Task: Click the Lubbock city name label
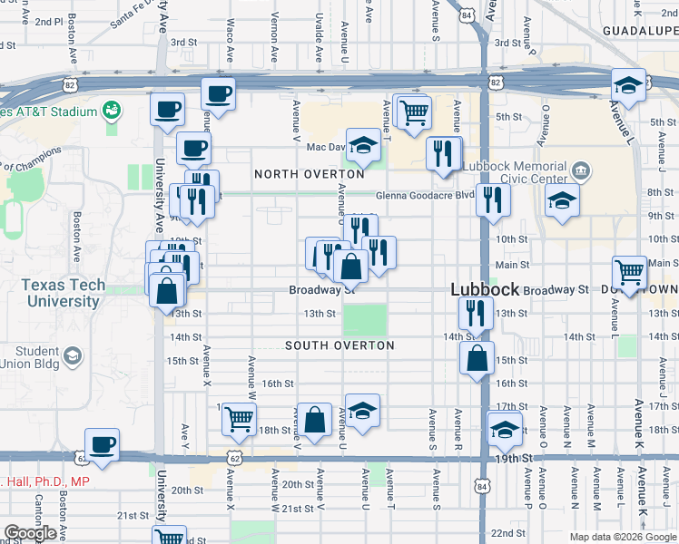coord(486,290)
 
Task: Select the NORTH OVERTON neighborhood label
coord(300,173)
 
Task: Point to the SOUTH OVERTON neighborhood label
coord(339,345)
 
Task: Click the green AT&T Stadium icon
coord(113,111)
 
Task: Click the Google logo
coord(29,532)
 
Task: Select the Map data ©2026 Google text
coord(622,537)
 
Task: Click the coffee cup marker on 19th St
coord(102,444)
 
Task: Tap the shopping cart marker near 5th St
coord(414,112)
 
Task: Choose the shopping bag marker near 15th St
coord(477,357)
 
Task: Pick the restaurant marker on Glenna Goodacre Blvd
coord(492,198)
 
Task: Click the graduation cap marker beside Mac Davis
coord(363,145)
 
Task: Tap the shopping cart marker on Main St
coord(629,270)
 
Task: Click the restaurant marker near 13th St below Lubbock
coord(476,313)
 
